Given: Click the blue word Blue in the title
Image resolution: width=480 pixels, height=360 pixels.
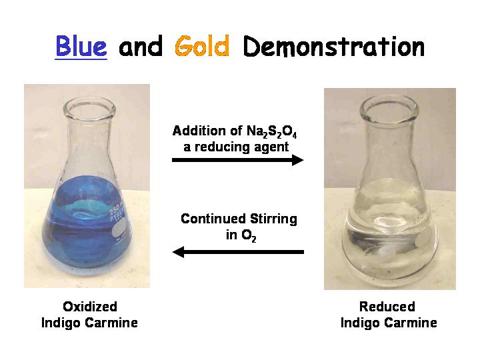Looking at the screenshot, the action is tap(81, 46).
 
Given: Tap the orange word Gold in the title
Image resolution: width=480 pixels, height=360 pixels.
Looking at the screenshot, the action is tap(202, 46).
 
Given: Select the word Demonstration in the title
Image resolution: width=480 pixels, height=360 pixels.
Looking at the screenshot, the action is tap(334, 46).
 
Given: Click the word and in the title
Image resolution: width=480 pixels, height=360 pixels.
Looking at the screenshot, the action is tap(141, 47).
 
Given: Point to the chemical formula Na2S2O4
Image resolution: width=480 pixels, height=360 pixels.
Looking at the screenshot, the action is tap(271, 131).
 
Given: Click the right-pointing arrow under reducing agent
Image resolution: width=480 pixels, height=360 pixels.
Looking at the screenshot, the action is tap(237, 160).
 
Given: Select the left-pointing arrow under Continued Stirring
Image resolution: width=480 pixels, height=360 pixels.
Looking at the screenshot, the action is tap(238, 252).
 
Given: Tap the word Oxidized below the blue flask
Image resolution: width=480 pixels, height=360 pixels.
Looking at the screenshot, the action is tap(90, 307).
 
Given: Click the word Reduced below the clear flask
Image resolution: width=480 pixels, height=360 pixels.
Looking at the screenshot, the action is tap(387, 307).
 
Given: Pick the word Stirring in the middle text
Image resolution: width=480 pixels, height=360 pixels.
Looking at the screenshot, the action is tap(273, 219).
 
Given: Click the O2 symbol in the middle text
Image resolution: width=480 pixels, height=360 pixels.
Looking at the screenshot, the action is tap(249, 235).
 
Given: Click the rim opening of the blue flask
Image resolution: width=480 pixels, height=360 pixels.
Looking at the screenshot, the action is tap(89, 108).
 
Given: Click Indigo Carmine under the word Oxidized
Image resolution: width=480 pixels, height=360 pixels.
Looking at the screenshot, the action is tap(89, 323).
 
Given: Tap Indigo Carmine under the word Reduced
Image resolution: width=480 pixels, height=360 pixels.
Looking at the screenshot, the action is tap(389, 323).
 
